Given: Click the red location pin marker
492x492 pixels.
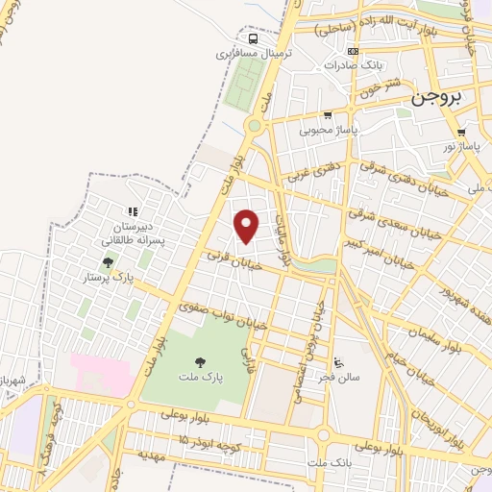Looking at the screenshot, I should point(248,226).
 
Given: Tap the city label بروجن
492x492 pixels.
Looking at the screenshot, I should point(437,98).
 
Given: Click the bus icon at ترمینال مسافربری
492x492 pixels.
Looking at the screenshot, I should point(253,39).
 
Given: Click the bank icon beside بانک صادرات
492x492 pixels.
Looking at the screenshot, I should point(353,51).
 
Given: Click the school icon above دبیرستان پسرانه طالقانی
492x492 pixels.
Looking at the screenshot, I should point(133,211).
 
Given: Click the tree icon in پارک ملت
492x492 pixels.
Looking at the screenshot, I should point(201,363).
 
